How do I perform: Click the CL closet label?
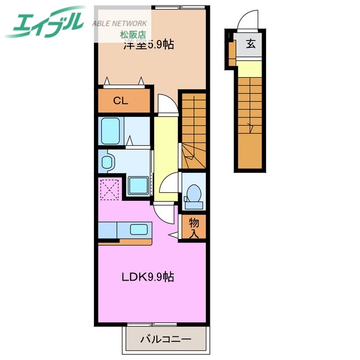point(121,101)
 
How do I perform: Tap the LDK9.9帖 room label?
point(148,277)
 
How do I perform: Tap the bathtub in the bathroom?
point(111,131)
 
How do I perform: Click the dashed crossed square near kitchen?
point(110,188)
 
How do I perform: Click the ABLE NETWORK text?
point(120,24)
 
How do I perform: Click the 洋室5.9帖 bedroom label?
point(148,46)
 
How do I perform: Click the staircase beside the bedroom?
point(193,129)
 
